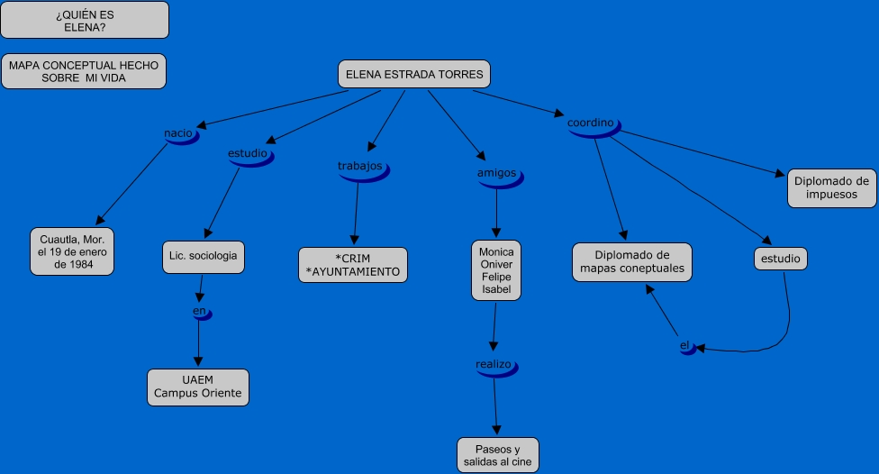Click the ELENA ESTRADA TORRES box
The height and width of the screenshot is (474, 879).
(x=414, y=75)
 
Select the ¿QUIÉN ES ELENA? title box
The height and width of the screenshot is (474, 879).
(x=85, y=20)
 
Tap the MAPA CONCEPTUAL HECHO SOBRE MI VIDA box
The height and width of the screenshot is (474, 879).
(x=84, y=72)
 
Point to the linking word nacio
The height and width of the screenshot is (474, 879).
(x=178, y=134)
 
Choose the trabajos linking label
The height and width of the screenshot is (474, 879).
(x=360, y=167)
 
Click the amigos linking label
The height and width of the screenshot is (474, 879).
(x=496, y=173)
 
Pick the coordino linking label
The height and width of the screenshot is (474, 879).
(x=591, y=123)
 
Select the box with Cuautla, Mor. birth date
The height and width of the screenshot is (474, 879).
(x=72, y=252)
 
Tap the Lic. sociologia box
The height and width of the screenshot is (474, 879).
(x=204, y=256)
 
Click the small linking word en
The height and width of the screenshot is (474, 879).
(x=200, y=312)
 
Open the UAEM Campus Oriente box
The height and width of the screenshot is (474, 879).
(x=198, y=387)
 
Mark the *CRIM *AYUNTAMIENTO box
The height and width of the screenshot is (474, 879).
(x=353, y=265)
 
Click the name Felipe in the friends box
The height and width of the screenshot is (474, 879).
(x=496, y=278)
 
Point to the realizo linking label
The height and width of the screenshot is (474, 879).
(x=494, y=365)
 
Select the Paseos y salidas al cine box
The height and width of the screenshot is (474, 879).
(x=498, y=455)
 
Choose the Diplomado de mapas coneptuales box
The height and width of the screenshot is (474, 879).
(x=632, y=262)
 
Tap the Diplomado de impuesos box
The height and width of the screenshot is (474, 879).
(x=832, y=187)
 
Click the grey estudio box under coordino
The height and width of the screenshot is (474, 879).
(x=780, y=259)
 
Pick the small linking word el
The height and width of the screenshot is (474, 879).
(x=685, y=346)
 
